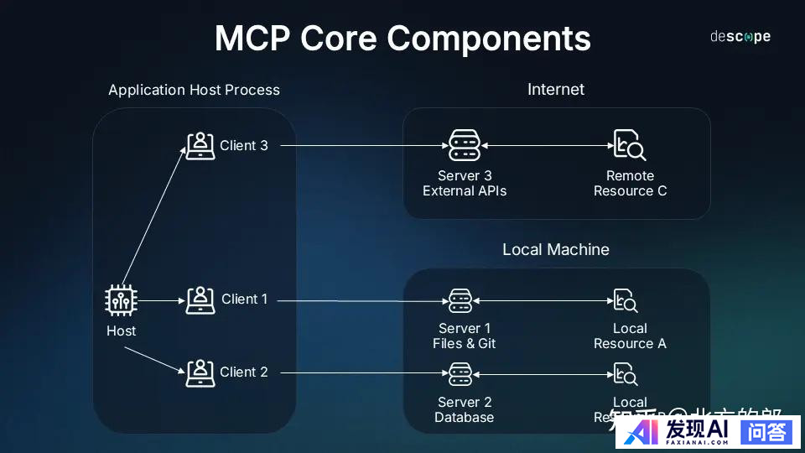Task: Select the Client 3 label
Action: tap(244, 145)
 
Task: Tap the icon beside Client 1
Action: tap(200, 299)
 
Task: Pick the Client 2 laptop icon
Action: tap(200, 372)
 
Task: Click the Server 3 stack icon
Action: tap(464, 146)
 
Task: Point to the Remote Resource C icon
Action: tap(630, 146)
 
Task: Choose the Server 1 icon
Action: tap(460, 300)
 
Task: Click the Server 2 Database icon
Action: tap(460, 373)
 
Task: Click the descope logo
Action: tap(740, 37)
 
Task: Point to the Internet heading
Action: tap(556, 90)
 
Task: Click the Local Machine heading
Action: tap(556, 250)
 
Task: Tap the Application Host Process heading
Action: tap(194, 90)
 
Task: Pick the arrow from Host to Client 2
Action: tap(155, 357)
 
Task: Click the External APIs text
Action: tap(465, 191)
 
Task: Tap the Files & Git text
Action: tap(465, 344)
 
